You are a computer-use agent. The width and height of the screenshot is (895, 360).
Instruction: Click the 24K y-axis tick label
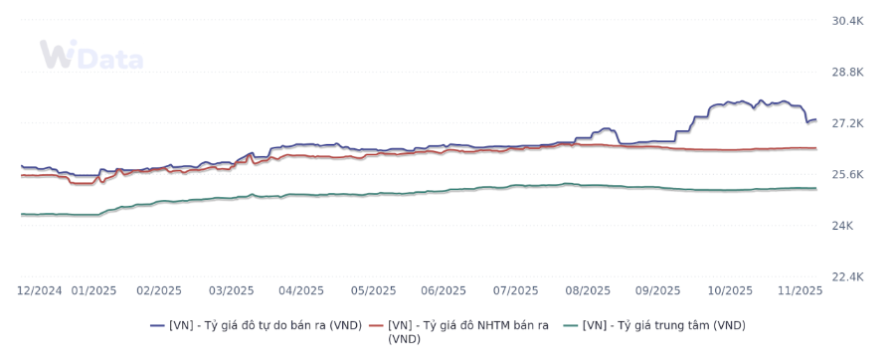tap(842, 226)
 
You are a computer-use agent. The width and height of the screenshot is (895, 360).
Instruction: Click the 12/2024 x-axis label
tap(40, 290)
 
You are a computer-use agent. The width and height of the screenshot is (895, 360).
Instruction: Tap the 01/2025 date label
tap(93, 290)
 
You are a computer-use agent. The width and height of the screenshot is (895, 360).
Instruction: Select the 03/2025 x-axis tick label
tap(231, 290)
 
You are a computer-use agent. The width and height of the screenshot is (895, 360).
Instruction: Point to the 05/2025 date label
tap(373, 290)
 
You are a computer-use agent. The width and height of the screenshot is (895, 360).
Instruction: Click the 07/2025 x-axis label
tap(515, 290)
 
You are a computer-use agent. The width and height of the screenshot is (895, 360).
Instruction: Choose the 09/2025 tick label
tap(657, 290)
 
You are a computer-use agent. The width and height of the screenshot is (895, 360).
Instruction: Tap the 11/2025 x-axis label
tap(800, 290)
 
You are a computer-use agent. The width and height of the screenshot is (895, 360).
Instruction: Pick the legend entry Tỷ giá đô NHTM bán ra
tap(468, 331)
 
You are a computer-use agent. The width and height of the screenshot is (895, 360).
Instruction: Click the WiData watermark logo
tap(90, 56)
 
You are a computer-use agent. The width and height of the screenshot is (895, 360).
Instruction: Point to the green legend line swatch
tap(571, 325)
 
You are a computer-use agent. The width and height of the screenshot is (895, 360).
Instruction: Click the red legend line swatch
tap(376, 325)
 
